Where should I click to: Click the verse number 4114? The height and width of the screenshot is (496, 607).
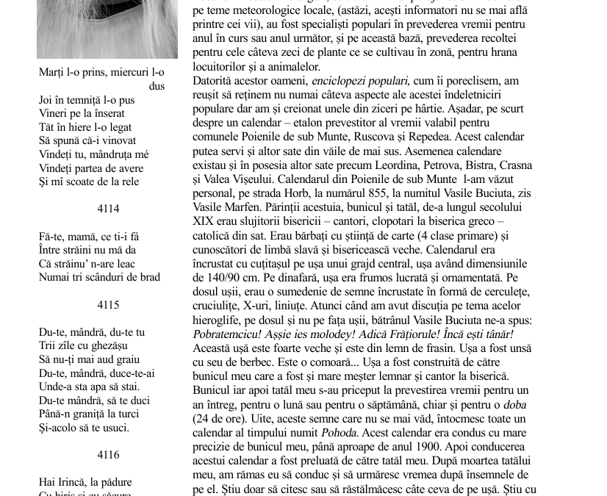click(108, 209)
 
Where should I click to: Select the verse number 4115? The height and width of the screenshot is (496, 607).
click(108, 305)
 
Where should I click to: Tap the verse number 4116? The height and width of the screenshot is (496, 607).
click(108, 455)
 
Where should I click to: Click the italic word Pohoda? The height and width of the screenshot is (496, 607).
click(340, 432)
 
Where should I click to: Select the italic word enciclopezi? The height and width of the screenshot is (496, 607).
click(339, 82)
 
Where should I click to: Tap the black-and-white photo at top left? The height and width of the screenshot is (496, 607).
click(107, 28)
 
